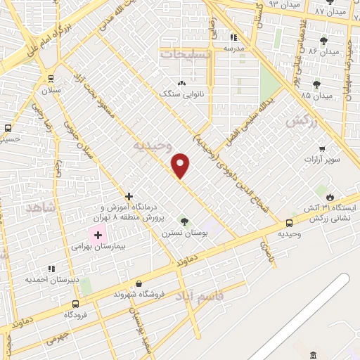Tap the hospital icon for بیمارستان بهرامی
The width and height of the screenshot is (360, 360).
click(x=94, y=233)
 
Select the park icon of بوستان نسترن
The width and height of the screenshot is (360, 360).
click(x=185, y=221)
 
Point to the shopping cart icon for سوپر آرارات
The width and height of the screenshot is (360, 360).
click(x=321, y=148)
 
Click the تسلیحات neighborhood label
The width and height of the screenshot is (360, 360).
click(x=184, y=53)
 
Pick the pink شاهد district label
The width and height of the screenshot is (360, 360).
click(x=39, y=208)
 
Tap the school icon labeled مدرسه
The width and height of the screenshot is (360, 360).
click(x=232, y=37)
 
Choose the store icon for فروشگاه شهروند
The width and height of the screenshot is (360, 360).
click(x=139, y=284)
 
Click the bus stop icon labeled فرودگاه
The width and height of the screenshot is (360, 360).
click(x=75, y=304)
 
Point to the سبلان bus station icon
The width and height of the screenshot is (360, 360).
click(x=51, y=79)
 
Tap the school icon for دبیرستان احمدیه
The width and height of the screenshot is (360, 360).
click(x=51, y=268)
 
